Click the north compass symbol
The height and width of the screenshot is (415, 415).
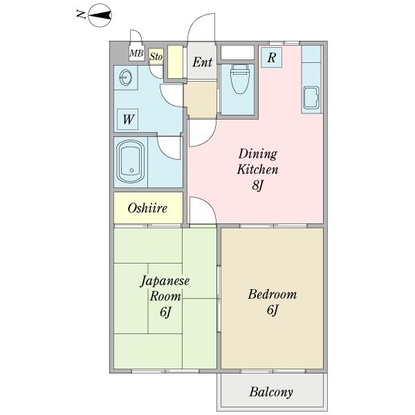click(100, 15)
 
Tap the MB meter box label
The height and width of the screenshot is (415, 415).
click(137, 53)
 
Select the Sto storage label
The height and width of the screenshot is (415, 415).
click(156, 57)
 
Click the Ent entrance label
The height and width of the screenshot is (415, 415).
click(202, 63)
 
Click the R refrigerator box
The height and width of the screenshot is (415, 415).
click(271, 58)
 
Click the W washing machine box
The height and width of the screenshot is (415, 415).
click(128, 120)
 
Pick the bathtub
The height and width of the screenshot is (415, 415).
click(131, 160)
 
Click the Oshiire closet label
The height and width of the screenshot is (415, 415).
click(147, 207)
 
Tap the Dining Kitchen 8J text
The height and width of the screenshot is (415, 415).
click(257, 169)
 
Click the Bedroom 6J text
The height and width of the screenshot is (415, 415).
click(272, 302)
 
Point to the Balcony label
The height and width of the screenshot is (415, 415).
click(270, 392)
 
